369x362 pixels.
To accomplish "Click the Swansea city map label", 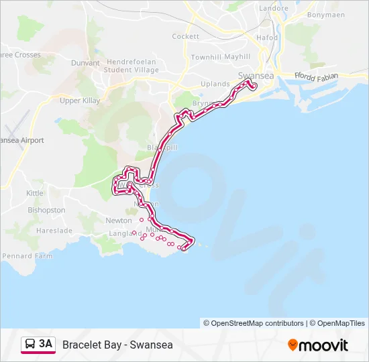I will click(256, 76).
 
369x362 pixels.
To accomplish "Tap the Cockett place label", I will click(185, 36).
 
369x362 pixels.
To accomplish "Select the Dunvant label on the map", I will click(86, 63).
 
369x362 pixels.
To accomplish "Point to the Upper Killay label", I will click(80, 101).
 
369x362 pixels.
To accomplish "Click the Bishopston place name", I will click(46, 210).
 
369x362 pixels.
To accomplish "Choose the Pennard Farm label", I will click(28, 256).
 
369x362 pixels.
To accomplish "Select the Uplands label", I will click(215, 84).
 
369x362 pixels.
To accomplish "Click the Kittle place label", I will click(35, 193).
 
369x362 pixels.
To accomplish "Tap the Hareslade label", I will click(54, 230).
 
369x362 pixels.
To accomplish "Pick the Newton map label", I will click(119, 221).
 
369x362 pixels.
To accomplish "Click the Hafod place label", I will click(267, 38).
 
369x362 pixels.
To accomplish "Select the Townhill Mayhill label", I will click(220, 57).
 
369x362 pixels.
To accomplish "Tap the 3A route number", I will click(45, 344).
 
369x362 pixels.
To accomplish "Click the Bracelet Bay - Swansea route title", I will click(117, 345).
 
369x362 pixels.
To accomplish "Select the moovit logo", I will click(318, 345).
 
